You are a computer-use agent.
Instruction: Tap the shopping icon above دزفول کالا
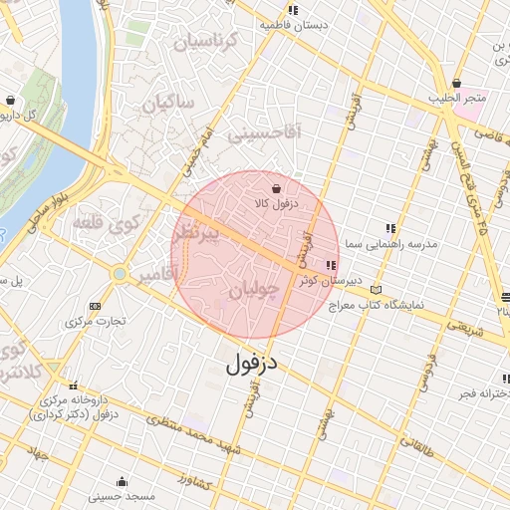[x=276, y=187]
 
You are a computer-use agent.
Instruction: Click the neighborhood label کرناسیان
[x=207, y=42]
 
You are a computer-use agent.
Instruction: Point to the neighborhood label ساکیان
[x=172, y=103]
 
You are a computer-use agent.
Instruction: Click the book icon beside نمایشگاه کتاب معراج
[x=375, y=289]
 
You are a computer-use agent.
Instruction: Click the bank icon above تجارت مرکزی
[x=95, y=306]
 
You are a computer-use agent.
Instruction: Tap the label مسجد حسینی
[x=122, y=495]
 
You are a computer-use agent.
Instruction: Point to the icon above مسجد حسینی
[x=122, y=480]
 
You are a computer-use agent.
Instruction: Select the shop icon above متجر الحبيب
[x=456, y=83]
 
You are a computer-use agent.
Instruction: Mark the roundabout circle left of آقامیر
[x=120, y=273]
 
